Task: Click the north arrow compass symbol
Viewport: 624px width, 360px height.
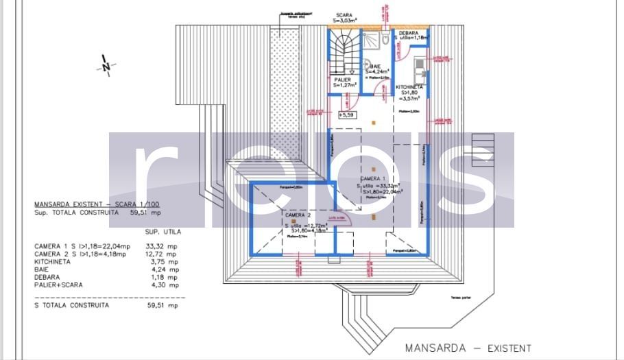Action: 106,66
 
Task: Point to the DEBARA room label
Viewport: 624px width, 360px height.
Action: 411,32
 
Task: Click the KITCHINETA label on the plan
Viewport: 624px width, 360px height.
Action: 409,88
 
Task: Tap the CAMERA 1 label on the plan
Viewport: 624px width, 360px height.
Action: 372,178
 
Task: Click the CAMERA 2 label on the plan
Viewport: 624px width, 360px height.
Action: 299,215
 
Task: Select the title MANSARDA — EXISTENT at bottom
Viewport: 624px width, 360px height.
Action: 468,348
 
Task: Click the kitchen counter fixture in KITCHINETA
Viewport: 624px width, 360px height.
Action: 418,69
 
